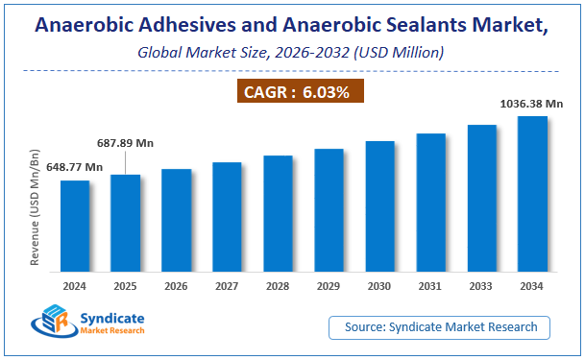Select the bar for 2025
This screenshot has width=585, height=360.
point(125,225)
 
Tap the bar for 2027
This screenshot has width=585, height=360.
point(227,219)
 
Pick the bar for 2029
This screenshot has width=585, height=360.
point(329,212)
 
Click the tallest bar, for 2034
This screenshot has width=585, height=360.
point(532,196)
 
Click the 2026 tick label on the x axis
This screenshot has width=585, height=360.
point(176,286)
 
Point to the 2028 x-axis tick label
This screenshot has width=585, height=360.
point(278,286)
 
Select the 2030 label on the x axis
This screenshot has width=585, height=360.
point(379,286)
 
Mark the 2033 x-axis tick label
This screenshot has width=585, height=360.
point(481,286)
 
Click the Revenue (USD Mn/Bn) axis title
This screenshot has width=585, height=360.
point(36,205)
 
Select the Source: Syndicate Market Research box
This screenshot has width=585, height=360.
point(440,327)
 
